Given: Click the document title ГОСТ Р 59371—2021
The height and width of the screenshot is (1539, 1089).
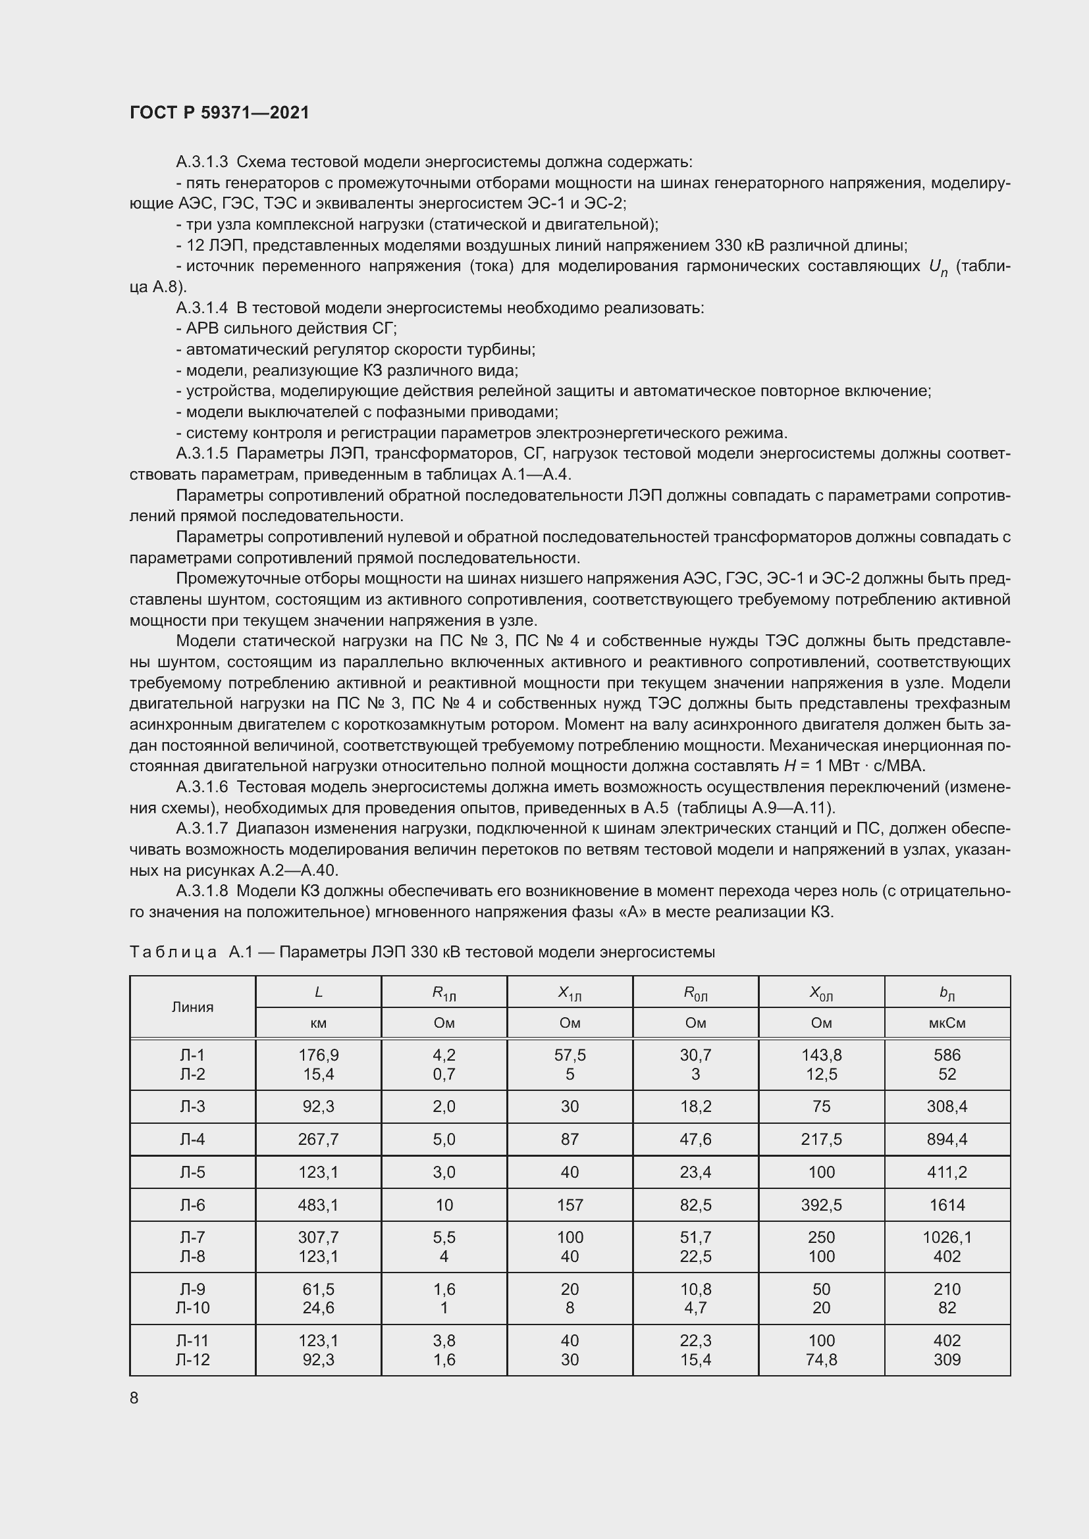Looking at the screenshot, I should [219, 113].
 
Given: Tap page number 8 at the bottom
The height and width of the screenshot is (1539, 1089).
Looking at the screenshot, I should [134, 1398].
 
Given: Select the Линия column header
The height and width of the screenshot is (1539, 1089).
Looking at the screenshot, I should [192, 1007].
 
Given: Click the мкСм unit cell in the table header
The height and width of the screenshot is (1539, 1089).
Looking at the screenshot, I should [947, 1023].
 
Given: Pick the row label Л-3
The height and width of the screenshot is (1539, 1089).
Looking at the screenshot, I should [192, 1106].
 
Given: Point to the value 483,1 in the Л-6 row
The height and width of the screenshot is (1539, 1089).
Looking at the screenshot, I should [319, 1205].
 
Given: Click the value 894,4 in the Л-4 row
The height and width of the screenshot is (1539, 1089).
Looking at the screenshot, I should [947, 1139].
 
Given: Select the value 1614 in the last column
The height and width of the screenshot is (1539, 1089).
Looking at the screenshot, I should [947, 1205].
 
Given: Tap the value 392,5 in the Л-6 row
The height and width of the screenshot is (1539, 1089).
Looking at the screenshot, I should [822, 1205].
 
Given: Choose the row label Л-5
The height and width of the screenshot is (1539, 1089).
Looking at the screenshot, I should [192, 1172].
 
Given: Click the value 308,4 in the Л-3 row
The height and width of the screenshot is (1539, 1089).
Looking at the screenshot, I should [947, 1106].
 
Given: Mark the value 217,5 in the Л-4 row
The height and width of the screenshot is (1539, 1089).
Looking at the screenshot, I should [822, 1139].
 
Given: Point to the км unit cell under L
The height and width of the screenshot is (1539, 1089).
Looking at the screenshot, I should [319, 1023].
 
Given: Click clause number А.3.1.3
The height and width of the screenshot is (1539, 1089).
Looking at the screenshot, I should [202, 163].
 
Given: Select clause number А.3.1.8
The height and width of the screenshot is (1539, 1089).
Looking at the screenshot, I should [202, 891].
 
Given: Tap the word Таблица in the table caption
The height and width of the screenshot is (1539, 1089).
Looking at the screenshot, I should [173, 952].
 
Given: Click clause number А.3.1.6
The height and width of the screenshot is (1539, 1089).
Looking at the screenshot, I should [202, 787].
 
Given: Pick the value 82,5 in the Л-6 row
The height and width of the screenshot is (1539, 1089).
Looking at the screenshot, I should [695, 1205].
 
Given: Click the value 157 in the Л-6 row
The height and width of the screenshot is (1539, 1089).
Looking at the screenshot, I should [570, 1205].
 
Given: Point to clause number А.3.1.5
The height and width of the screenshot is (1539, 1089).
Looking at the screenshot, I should [202, 454].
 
